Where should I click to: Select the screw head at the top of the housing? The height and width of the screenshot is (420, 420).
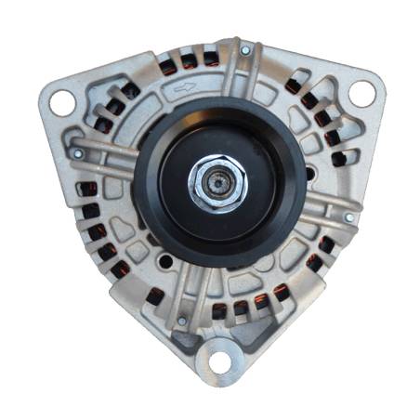tap(244, 49)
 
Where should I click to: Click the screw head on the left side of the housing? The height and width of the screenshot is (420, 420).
tap(78, 152)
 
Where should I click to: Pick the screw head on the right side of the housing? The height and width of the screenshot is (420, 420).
tap(349, 217)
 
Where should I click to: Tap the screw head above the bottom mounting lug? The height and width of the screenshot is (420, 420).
tap(182, 322)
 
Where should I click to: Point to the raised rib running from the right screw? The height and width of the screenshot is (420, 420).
tap(321, 208)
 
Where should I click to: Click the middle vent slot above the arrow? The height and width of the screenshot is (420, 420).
tap(189, 61)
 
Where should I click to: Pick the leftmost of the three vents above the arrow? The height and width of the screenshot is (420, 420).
tap(167, 67)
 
